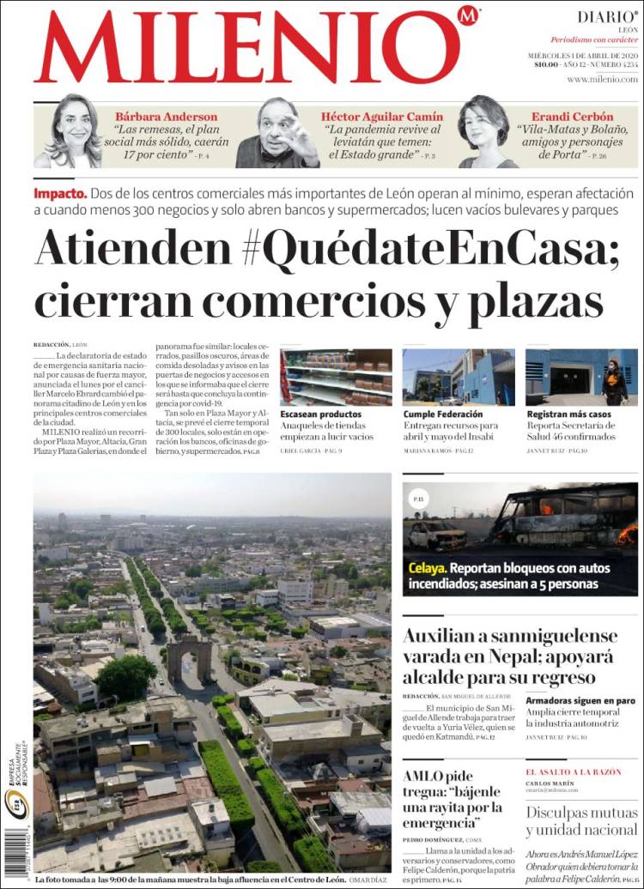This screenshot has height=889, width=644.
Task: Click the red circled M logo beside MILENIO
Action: tap(468, 16)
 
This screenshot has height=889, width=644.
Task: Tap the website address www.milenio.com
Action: tap(602, 79)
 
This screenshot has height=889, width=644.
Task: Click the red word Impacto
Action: tap(60, 193)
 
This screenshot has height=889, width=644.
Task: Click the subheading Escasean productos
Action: tap(321, 414)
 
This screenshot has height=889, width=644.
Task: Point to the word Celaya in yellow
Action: tap(427, 568)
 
